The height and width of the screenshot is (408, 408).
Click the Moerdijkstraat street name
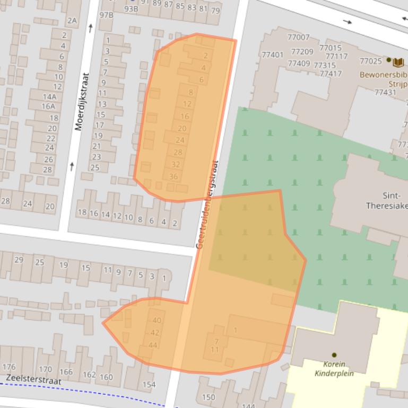tap(81, 101)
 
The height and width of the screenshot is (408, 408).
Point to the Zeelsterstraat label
tap(33, 380)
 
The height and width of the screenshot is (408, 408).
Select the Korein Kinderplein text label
tap(334, 368)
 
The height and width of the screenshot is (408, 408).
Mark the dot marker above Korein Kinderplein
tap(334, 354)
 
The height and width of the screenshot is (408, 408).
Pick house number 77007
tap(298, 37)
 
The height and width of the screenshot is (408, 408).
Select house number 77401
tap(272, 55)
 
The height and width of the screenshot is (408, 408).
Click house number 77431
tap(385, 92)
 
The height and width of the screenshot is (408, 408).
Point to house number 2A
tap(72, 21)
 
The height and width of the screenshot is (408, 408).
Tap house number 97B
tap(107, 14)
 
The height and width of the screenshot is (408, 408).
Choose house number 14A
tap(49, 96)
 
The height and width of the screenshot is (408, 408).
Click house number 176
tap(9, 367)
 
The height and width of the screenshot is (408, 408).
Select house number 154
tap(149, 384)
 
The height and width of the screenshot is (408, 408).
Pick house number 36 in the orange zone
tap(173, 176)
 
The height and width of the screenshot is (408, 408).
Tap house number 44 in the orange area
tap(153, 345)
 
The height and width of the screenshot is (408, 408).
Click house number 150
tap(209, 397)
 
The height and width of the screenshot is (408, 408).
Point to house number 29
tap(19, 260)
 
